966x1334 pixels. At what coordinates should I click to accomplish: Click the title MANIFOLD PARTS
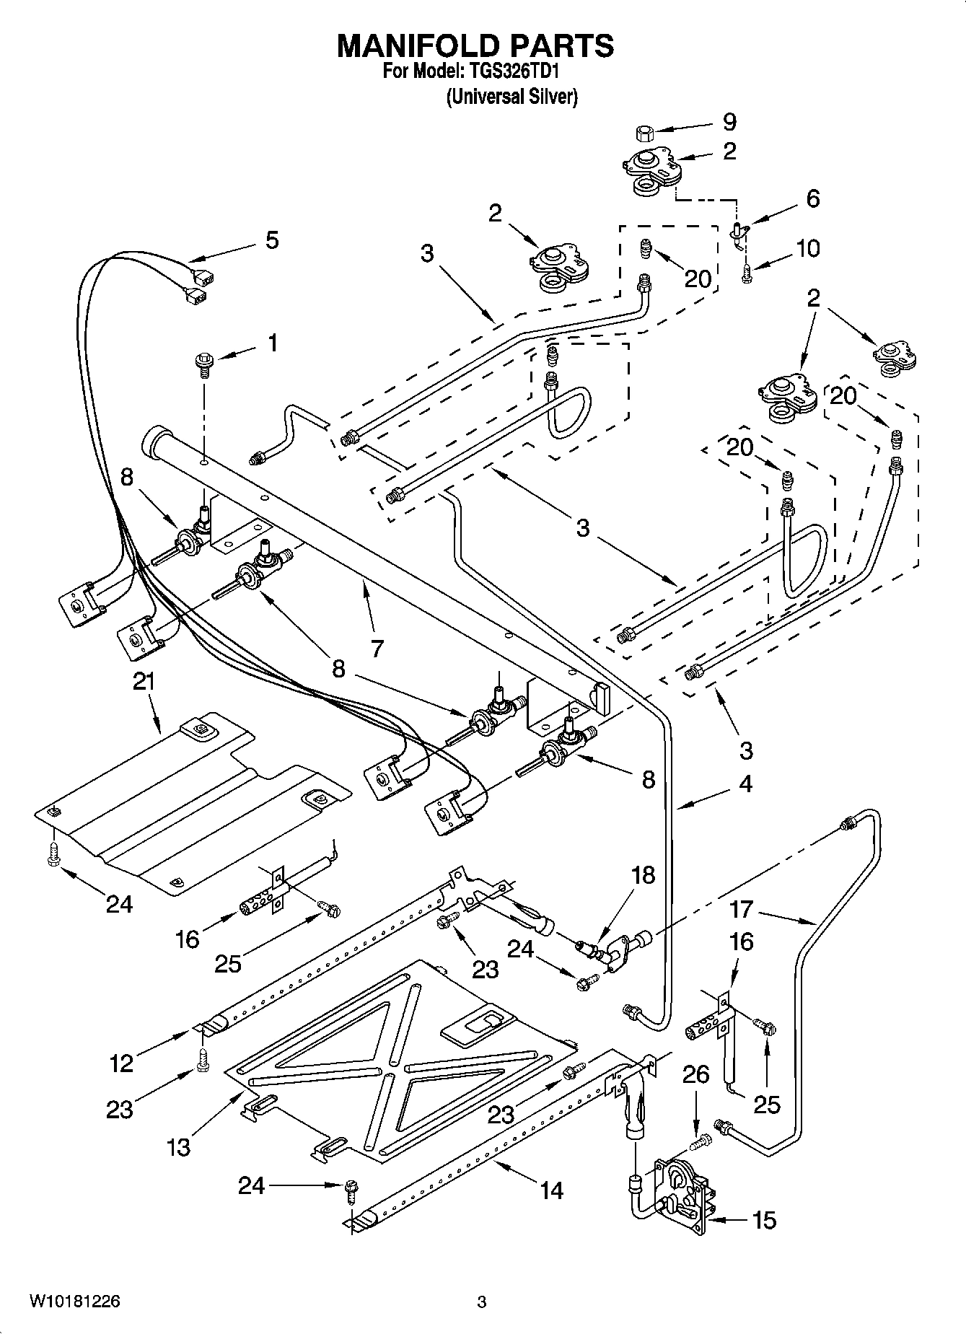[x=476, y=45]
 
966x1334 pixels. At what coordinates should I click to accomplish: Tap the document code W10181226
[x=74, y=1302]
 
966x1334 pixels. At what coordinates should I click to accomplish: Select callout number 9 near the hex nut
[x=729, y=121]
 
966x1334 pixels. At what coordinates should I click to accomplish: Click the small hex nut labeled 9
[x=644, y=132]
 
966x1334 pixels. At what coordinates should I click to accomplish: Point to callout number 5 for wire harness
[x=271, y=240]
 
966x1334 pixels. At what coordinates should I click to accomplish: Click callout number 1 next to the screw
[x=272, y=343]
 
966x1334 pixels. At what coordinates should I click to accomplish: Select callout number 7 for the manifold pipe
[x=377, y=648]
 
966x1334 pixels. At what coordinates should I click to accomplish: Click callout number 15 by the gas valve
[x=765, y=1220]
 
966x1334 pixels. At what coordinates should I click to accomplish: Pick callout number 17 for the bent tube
[x=741, y=910]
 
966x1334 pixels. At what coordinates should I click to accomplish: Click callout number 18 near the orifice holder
[x=643, y=875]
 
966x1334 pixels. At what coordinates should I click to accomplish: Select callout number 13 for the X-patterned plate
[x=178, y=1146]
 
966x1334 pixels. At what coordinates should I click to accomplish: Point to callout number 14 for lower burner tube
[x=551, y=1190]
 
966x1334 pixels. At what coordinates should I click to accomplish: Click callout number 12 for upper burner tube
[x=121, y=1063]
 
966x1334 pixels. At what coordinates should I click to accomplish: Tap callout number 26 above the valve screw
[x=695, y=1075]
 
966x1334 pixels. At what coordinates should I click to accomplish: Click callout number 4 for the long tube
[x=745, y=784]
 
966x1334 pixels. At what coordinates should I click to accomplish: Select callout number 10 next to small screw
[x=808, y=248]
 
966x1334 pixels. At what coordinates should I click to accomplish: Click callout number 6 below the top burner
[x=812, y=198]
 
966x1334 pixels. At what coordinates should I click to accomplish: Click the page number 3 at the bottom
[x=482, y=1302]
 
